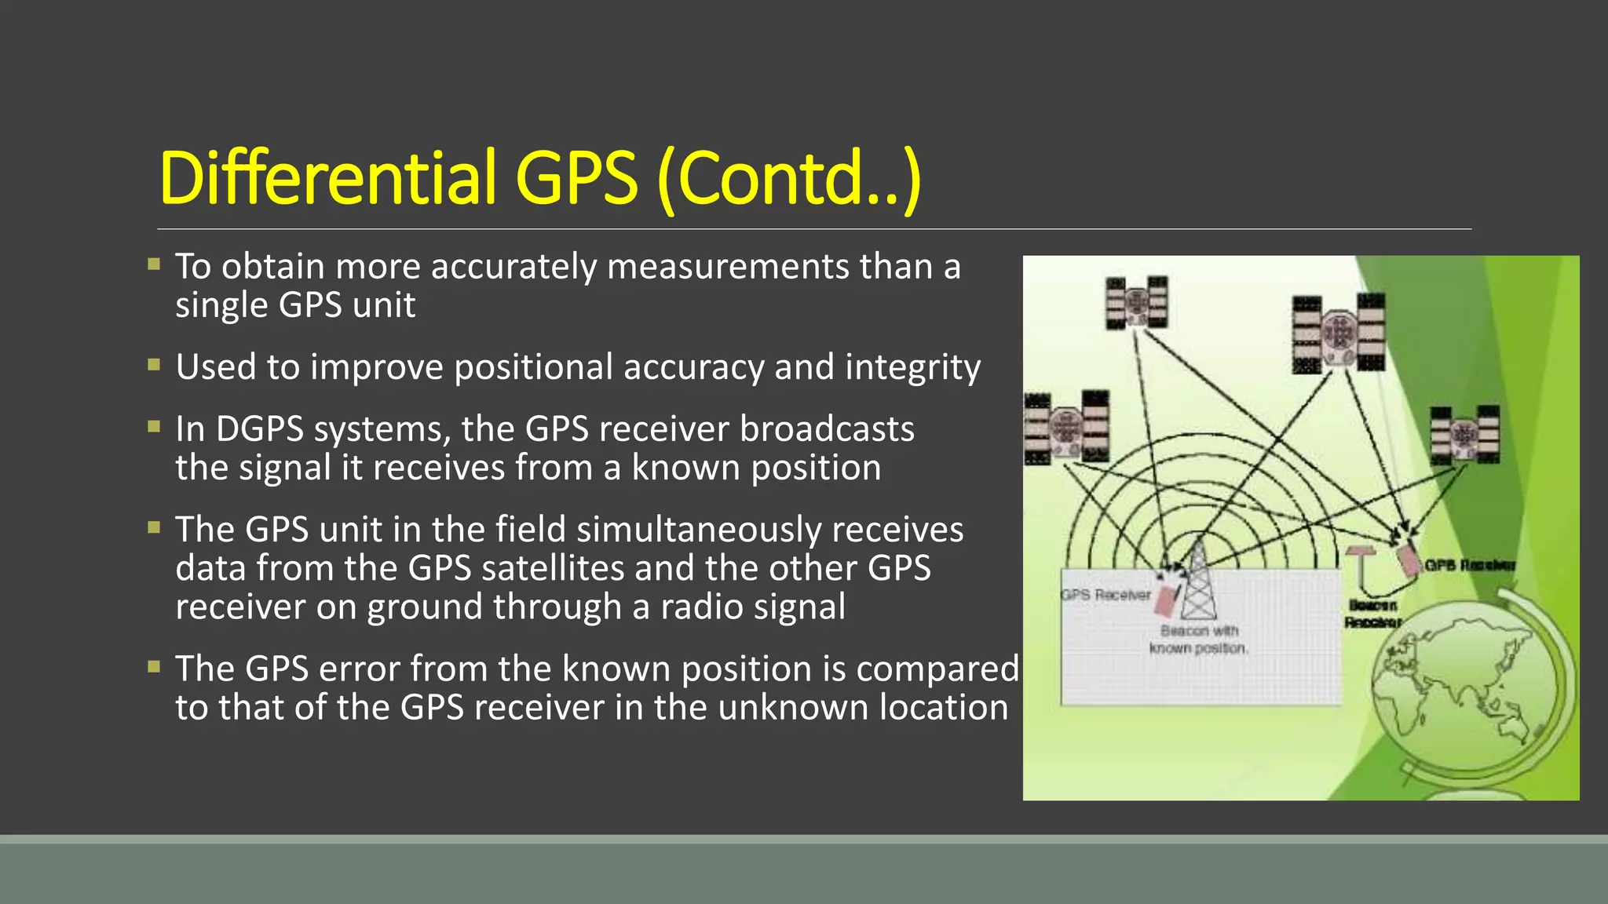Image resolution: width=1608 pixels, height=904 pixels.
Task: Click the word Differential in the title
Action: coord(328,178)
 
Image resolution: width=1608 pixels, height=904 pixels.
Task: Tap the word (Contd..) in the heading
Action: coord(788,180)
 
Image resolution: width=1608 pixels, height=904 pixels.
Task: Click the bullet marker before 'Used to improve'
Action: coord(154,365)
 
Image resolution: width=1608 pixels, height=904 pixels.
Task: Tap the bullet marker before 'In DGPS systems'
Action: coord(154,427)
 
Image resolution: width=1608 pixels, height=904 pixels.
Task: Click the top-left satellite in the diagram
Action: coord(1136,302)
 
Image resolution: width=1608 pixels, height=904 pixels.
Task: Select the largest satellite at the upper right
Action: coord(1338,334)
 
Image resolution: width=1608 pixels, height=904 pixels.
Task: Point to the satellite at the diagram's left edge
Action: coord(1066,428)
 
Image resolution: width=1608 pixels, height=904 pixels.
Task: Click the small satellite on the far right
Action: coord(1464,434)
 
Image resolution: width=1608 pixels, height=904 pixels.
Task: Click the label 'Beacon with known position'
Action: coord(1198,640)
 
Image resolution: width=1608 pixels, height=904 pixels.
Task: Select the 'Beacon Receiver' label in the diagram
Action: coord(1372,614)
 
